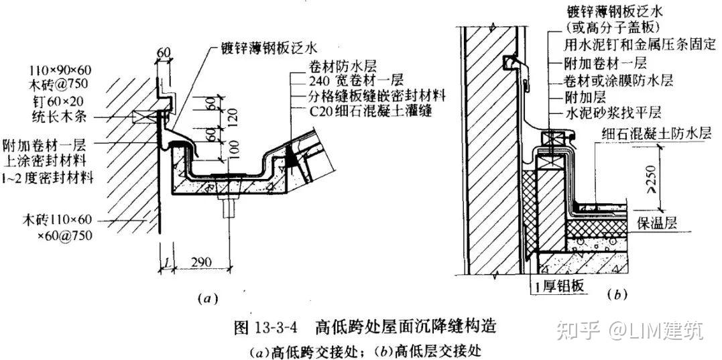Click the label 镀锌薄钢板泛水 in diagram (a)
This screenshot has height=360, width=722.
click(268, 48)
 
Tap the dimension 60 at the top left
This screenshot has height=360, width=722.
click(164, 52)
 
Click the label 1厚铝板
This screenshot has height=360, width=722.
click(556, 287)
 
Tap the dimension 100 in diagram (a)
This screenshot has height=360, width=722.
click(233, 152)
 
